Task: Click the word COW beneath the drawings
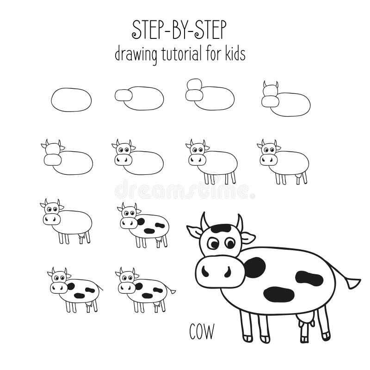202,332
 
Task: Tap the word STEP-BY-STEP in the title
179,30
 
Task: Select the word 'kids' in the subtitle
235,53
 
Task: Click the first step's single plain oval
71,100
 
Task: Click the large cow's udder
306,322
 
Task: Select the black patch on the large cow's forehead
221,228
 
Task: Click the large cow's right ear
248,238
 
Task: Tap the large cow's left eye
213,243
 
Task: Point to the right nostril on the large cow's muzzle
228,272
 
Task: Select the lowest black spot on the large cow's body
279,294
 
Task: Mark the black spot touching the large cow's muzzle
255,267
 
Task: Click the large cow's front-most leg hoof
248,339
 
